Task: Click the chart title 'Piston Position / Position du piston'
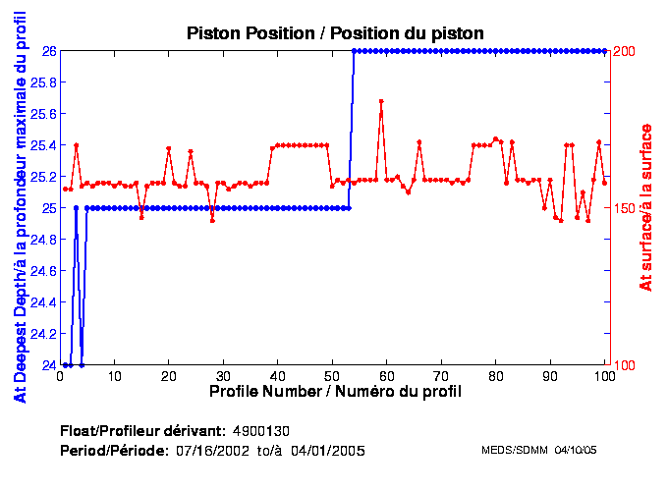click(335, 32)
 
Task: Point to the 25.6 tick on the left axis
click(43, 114)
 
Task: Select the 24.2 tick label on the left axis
click(43, 334)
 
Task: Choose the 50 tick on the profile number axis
click(333, 376)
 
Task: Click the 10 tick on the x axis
click(115, 376)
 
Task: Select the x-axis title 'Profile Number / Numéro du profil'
click(335, 391)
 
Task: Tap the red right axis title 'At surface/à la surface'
click(646, 206)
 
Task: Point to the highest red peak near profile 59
click(381, 101)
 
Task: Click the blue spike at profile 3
click(77, 208)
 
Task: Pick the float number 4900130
click(261, 431)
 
